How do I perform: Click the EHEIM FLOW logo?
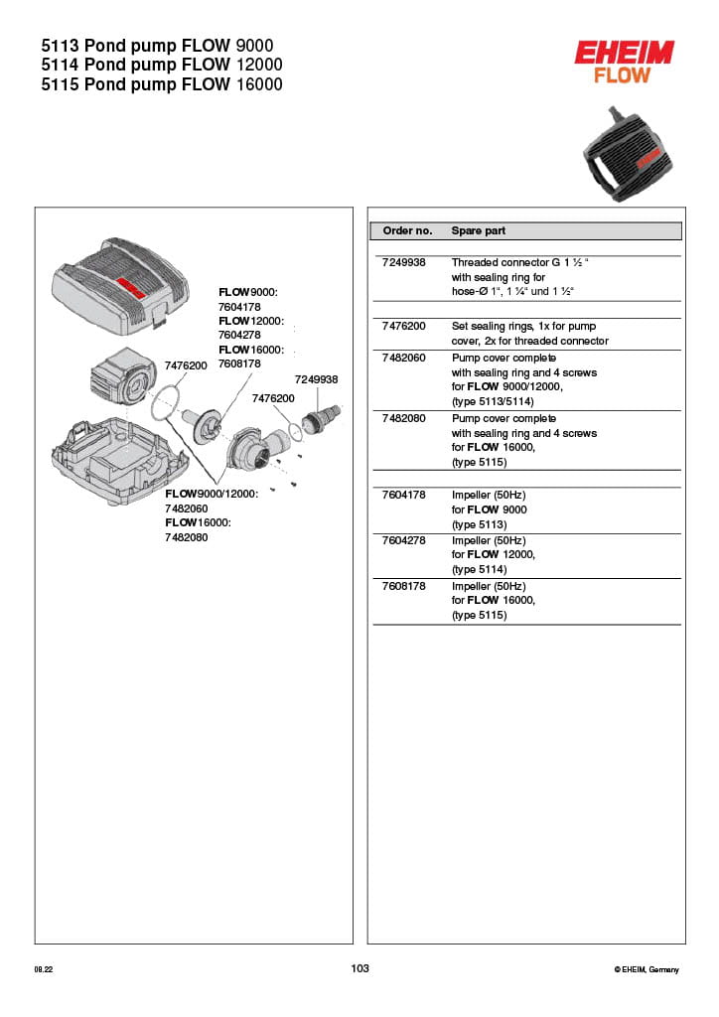tap(624, 62)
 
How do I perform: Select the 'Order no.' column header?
tap(407, 230)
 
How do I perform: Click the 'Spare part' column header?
tap(478, 230)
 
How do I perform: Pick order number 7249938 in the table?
tap(403, 263)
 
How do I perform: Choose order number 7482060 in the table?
tap(403, 358)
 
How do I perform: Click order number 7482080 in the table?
tap(403, 419)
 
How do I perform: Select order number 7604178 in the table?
tap(403, 495)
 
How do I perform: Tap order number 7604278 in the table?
tap(403, 540)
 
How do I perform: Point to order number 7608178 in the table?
tap(403, 586)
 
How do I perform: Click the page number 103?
tap(359, 968)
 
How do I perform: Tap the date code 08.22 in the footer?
tap(43, 969)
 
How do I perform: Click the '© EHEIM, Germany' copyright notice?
tap(647, 969)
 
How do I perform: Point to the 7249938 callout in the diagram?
tap(316, 379)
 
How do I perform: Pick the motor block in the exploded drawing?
tap(122, 378)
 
